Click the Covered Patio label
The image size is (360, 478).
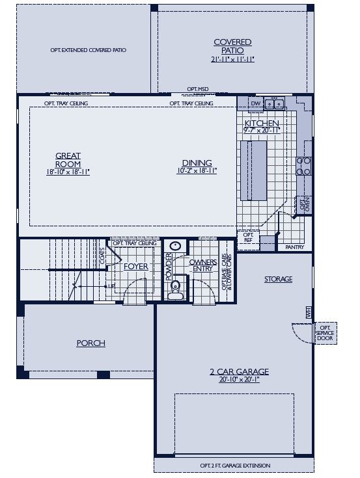click(232, 46)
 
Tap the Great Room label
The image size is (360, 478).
click(68, 159)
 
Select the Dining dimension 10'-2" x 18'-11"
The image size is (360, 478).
click(197, 171)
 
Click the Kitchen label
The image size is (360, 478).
click(262, 123)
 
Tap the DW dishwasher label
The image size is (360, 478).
click(255, 103)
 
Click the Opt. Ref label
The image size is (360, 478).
click(248, 237)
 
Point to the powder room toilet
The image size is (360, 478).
click(174, 289)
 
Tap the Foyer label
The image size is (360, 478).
click(136, 267)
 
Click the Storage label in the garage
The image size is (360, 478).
click(278, 279)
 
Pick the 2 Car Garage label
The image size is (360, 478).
click(239, 372)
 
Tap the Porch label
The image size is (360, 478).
click(90, 343)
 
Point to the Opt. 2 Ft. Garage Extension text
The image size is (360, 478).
click(235, 466)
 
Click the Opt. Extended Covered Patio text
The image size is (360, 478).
click(89, 49)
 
